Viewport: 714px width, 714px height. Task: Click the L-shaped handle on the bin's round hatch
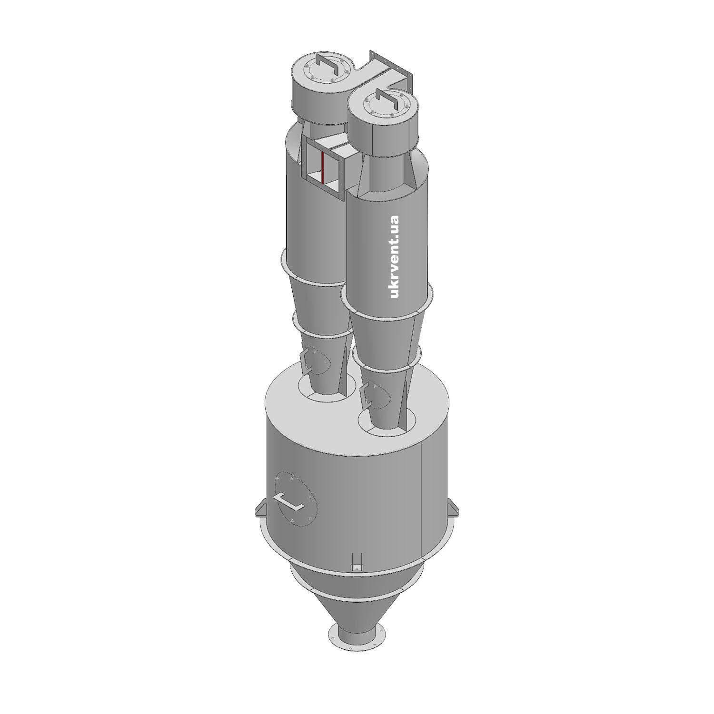[288, 501]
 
